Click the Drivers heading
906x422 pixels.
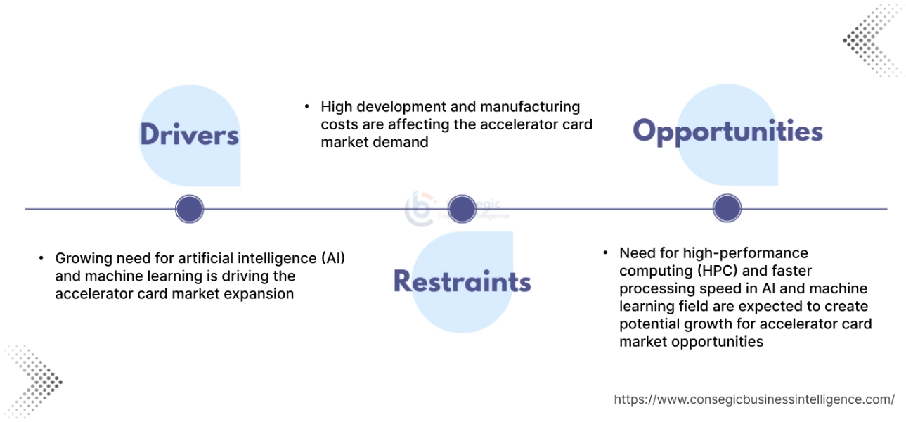coord(189,135)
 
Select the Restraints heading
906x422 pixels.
coord(462,281)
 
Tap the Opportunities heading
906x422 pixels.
coord(727,132)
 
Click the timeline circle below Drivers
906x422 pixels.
coord(189,209)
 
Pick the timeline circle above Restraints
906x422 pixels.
coord(462,209)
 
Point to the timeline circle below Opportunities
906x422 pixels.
coord(727,209)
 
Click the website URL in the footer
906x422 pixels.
coord(754,399)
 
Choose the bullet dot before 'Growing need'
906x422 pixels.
coord(42,258)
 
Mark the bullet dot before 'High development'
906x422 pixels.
coord(307,107)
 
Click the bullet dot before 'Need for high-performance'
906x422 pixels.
coord(606,252)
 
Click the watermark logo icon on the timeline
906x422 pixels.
coord(420,209)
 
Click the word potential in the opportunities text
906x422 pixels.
coord(648,324)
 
